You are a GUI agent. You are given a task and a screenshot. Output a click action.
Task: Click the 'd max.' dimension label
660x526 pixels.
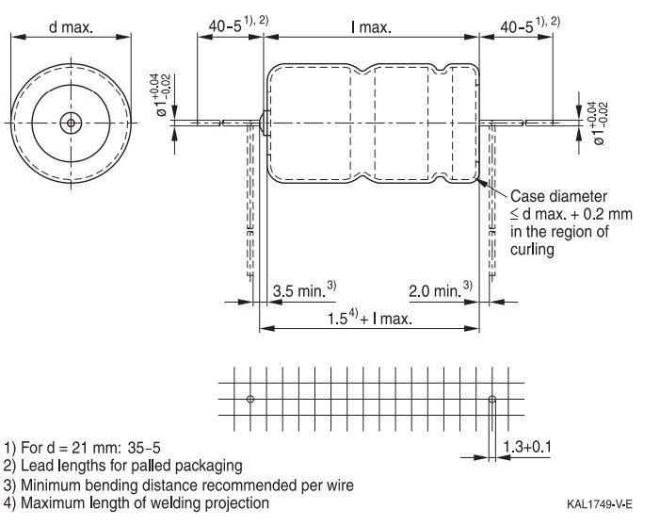click(x=71, y=27)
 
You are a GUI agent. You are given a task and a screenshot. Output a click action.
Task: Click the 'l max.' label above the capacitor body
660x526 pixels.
click(x=371, y=27)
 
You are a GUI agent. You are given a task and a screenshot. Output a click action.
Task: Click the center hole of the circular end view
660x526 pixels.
click(x=70, y=122)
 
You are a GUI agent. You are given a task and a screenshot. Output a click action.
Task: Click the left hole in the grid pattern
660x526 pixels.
click(x=250, y=399)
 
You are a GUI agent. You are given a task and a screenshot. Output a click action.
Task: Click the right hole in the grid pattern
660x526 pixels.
click(x=491, y=399)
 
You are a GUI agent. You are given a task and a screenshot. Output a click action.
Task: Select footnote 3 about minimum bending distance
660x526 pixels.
click(x=179, y=485)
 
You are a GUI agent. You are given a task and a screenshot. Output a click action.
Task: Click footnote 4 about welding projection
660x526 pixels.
click(x=136, y=504)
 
